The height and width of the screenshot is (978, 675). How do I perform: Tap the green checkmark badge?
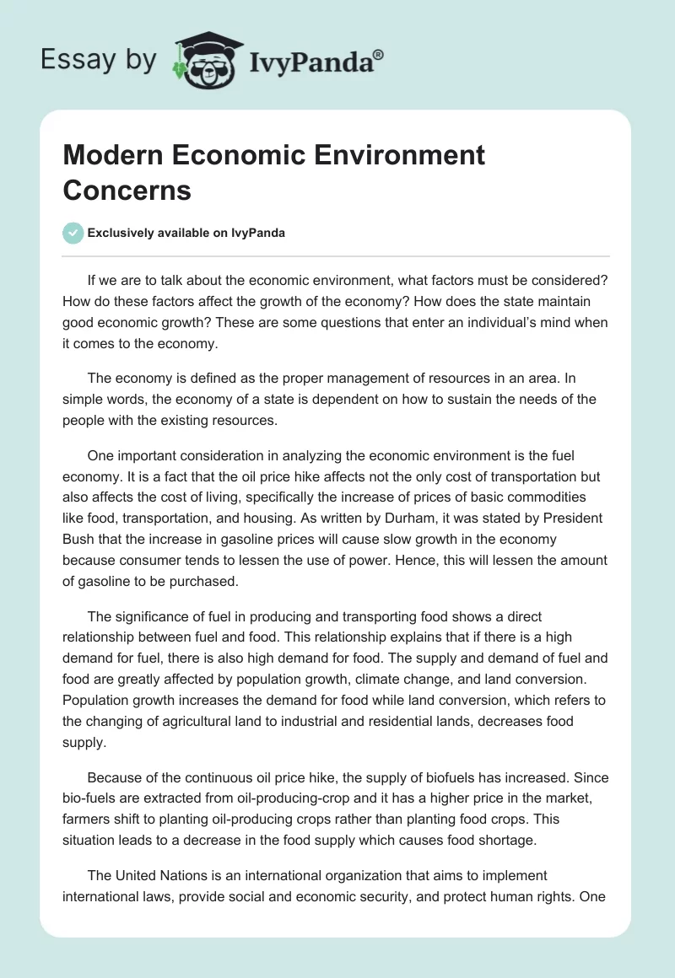coord(73,233)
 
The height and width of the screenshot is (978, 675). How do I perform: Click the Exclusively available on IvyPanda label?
coord(186,234)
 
